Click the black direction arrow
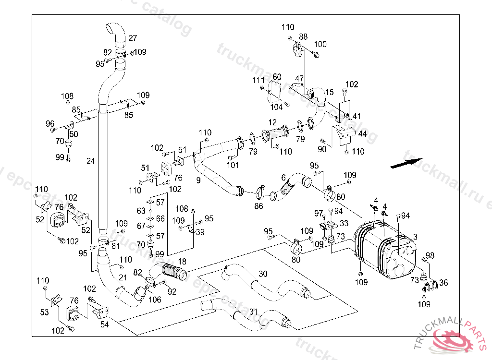click(x=406, y=163)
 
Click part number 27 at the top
click(x=133, y=38)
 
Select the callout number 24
click(x=91, y=161)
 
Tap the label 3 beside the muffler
click(x=415, y=237)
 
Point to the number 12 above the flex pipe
click(x=272, y=122)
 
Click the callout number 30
click(x=263, y=274)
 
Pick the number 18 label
click(x=182, y=261)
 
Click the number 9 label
click(x=198, y=180)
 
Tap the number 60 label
click(x=277, y=77)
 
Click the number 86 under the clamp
click(x=258, y=206)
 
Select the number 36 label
click(x=443, y=283)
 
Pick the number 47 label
click(x=299, y=78)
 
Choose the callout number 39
click(x=200, y=232)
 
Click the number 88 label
click(x=303, y=36)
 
